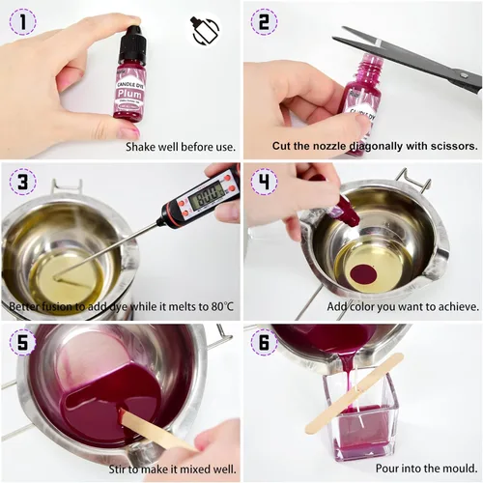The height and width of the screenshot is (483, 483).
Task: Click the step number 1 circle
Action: (x=20, y=19)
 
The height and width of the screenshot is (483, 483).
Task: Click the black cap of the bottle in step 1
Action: (x=130, y=43)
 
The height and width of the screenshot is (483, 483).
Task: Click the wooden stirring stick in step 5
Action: (x=155, y=432)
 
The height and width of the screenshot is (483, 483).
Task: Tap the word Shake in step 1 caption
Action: (x=143, y=148)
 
